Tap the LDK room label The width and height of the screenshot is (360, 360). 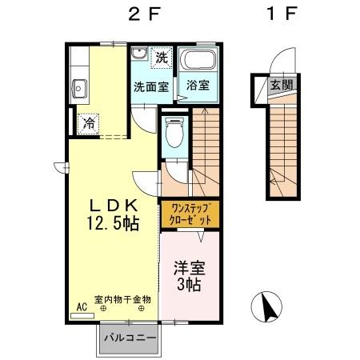(112, 206)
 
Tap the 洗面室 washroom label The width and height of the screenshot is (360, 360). (150, 86)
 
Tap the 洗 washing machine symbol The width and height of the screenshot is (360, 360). (162, 58)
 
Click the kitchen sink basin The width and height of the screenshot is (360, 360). (79, 87)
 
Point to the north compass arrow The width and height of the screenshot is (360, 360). (269, 309)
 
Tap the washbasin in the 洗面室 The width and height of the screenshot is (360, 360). (138, 55)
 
